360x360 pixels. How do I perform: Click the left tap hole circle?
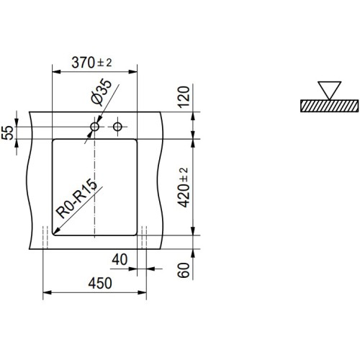(94, 127)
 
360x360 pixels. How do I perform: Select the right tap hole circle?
(118, 127)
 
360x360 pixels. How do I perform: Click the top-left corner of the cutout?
(54, 138)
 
